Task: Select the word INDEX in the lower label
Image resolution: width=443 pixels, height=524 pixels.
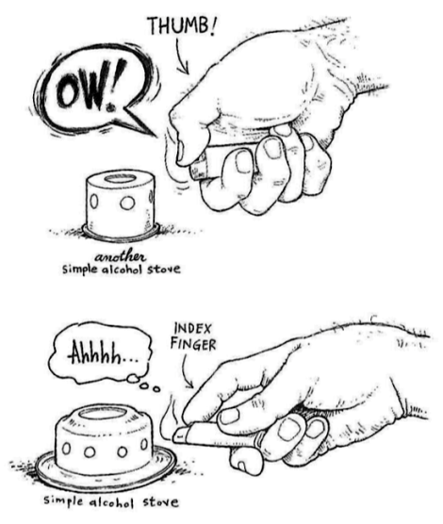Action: point(193,329)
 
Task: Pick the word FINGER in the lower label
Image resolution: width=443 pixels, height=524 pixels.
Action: point(193,345)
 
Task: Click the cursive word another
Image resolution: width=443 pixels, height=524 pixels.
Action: point(121,257)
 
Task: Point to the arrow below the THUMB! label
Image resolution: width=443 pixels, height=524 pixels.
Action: point(181,57)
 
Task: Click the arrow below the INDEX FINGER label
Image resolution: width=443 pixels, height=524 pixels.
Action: point(188,371)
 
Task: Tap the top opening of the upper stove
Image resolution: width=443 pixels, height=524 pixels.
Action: point(120,178)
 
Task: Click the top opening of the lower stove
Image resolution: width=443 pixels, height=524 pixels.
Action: point(102,414)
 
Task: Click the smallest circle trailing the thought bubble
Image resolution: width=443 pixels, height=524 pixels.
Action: point(156,389)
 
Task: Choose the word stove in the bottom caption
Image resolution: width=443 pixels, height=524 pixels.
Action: point(160,501)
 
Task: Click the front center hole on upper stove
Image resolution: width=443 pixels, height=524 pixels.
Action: point(127,203)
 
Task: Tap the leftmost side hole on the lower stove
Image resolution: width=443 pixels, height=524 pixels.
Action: point(67,449)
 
